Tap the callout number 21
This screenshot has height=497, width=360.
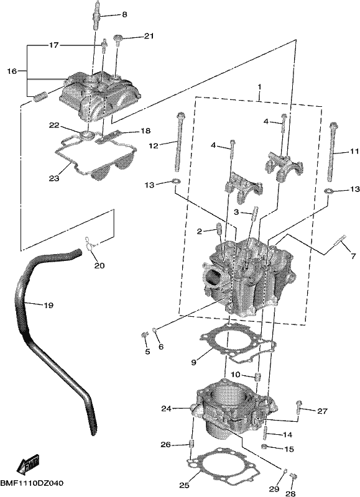pos(149,36)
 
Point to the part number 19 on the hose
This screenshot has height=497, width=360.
pos(48,305)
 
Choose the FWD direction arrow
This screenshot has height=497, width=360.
pos(27,464)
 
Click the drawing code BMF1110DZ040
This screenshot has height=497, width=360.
pos(32,483)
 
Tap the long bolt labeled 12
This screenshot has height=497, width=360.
pos(178,144)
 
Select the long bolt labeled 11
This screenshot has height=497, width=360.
pos(331,152)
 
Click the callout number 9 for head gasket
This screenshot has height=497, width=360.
pos(194,362)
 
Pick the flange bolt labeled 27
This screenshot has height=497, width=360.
pos(298,408)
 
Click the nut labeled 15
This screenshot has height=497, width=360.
pos(264,447)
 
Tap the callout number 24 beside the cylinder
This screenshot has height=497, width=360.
pos(166,409)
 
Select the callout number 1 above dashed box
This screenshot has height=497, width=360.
pos(259,86)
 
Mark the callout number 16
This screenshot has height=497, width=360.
pos(12,71)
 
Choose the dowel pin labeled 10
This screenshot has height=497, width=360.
pos(258,377)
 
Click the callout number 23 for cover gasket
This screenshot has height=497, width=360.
pos(54,178)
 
